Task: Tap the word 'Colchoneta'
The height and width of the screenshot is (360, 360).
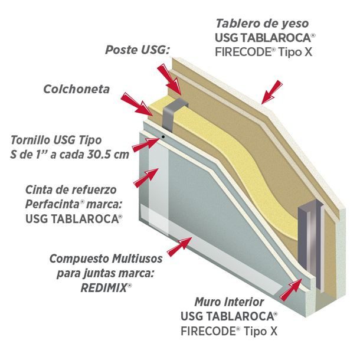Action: [77, 89]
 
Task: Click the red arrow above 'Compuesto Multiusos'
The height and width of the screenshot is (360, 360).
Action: [180, 246]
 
